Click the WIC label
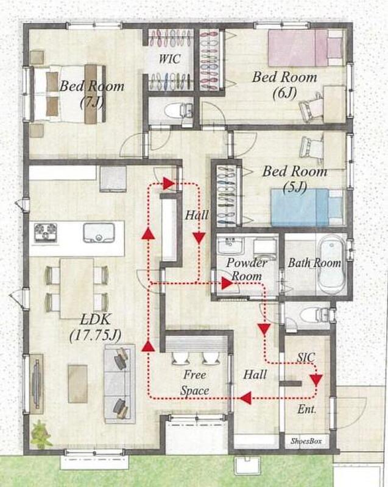[170, 58]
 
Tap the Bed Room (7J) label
[91, 93]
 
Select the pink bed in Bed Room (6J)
[306, 48]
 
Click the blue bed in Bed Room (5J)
[307, 207]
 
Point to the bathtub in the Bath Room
[332, 264]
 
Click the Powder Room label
[247, 269]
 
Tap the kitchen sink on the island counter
[99, 233]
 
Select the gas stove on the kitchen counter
[45, 233]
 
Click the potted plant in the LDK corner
[41, 434]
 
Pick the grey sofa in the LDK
[119, 384]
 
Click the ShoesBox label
[306, 441]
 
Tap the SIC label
[306, 357]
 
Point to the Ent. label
[306, 409]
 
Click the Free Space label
[194, 383]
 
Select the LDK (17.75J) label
[96, 328]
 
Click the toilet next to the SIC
[314, 315]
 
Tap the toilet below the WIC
[178, 110]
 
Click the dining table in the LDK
[77, 288]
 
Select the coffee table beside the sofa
[78, 384]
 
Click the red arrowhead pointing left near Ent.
[245, 398]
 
